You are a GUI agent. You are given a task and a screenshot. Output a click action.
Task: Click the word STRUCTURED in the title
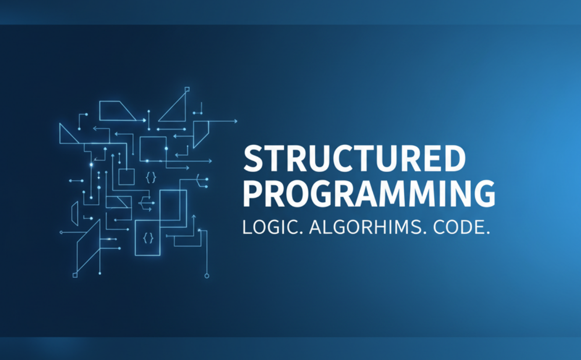354,158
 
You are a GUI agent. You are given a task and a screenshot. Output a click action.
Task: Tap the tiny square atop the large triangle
187,89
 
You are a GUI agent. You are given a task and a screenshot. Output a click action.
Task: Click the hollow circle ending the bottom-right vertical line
207,276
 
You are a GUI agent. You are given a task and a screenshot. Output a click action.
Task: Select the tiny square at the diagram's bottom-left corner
75,275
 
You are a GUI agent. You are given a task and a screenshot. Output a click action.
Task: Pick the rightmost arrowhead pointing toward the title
235,121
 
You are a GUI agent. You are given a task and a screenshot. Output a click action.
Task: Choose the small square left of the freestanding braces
126,177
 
